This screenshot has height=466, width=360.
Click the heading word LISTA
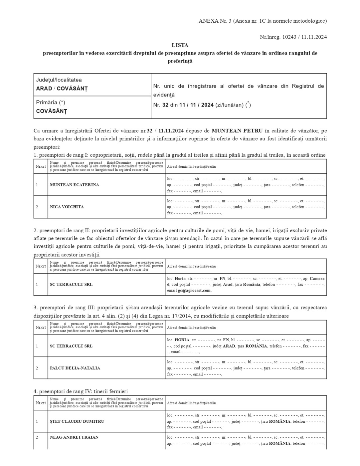click(180, 45)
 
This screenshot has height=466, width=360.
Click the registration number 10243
click(289, 37)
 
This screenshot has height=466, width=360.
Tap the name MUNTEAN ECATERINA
click(74, 185)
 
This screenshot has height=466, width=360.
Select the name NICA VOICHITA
click(67, 207)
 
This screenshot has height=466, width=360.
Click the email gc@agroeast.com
click(194, 290)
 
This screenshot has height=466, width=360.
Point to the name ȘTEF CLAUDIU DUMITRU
click(77, 421)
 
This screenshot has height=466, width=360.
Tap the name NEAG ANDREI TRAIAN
click(74, 437)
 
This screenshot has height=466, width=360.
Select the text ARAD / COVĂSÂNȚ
click(62, 89)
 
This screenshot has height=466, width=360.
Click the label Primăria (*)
click(51, 103)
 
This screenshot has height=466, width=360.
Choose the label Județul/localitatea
click(59, 80)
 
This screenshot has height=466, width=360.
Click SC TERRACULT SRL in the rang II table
click(71, 285)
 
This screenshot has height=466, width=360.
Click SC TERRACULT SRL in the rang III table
click(71, 346)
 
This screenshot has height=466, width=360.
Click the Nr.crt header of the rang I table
click(41, 166)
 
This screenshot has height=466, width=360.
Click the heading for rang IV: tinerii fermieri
click(81, 391)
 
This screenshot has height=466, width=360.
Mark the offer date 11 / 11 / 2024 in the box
click(196, 105)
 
